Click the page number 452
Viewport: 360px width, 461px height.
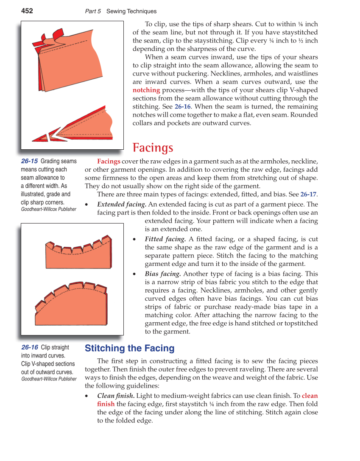(27, 11)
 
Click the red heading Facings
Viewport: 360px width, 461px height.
(153, 148)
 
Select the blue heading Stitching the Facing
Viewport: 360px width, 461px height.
(129, 348)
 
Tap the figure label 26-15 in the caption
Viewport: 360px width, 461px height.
(29, 161)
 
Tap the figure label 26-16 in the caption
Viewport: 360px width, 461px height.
(29, 347)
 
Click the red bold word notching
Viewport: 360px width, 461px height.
(146, 90)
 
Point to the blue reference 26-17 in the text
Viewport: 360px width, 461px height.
(308, 194)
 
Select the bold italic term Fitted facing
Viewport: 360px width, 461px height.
(165, 239)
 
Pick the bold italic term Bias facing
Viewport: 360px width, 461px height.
(163, 274)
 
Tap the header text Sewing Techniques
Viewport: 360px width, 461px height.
(131, 11)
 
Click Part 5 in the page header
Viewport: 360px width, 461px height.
(93, 11)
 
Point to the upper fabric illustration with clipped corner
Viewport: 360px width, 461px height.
(68, 59)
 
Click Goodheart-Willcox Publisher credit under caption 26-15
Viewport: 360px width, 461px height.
(49, 209)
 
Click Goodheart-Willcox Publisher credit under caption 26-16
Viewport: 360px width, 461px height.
(49, 379)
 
